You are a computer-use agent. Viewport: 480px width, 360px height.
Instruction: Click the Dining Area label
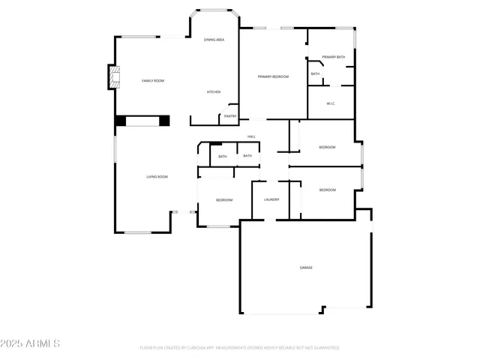[x=214, y=39]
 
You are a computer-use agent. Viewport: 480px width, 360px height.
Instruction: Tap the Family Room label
[x=153, y=80]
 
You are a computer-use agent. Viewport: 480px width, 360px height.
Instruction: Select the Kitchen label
[x=214, y=91]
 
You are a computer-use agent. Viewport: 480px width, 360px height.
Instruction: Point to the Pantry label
[x=230, y=116]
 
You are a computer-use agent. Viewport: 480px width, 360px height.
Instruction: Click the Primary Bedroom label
[x=273, y=76]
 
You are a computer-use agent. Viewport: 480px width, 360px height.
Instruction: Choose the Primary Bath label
[x=334, y=57]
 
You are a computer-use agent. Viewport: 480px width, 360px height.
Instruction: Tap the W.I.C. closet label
[x=330, y=103]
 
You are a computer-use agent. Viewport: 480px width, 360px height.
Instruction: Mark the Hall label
[x=252, y=136]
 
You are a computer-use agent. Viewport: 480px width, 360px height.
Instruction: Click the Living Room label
[x=157, y=176]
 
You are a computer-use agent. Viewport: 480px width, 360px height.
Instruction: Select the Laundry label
[x=271, y=199]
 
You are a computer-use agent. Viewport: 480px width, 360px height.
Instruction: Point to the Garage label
[x=306, y=268]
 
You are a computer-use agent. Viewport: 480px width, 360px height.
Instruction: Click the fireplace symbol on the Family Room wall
[x=114, y=77]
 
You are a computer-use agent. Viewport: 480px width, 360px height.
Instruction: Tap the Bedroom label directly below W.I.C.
[x=327, y=147]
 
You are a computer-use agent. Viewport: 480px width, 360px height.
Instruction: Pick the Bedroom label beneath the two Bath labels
[x=224, y=200]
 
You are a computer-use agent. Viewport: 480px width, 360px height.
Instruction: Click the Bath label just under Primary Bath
[x=315, y=73]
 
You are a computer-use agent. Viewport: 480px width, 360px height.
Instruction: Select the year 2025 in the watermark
[x=13, y=344]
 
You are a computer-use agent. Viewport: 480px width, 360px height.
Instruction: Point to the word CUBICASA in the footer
[x=201, y=348]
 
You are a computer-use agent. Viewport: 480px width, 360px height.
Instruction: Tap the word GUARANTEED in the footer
[x=325, y=348]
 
